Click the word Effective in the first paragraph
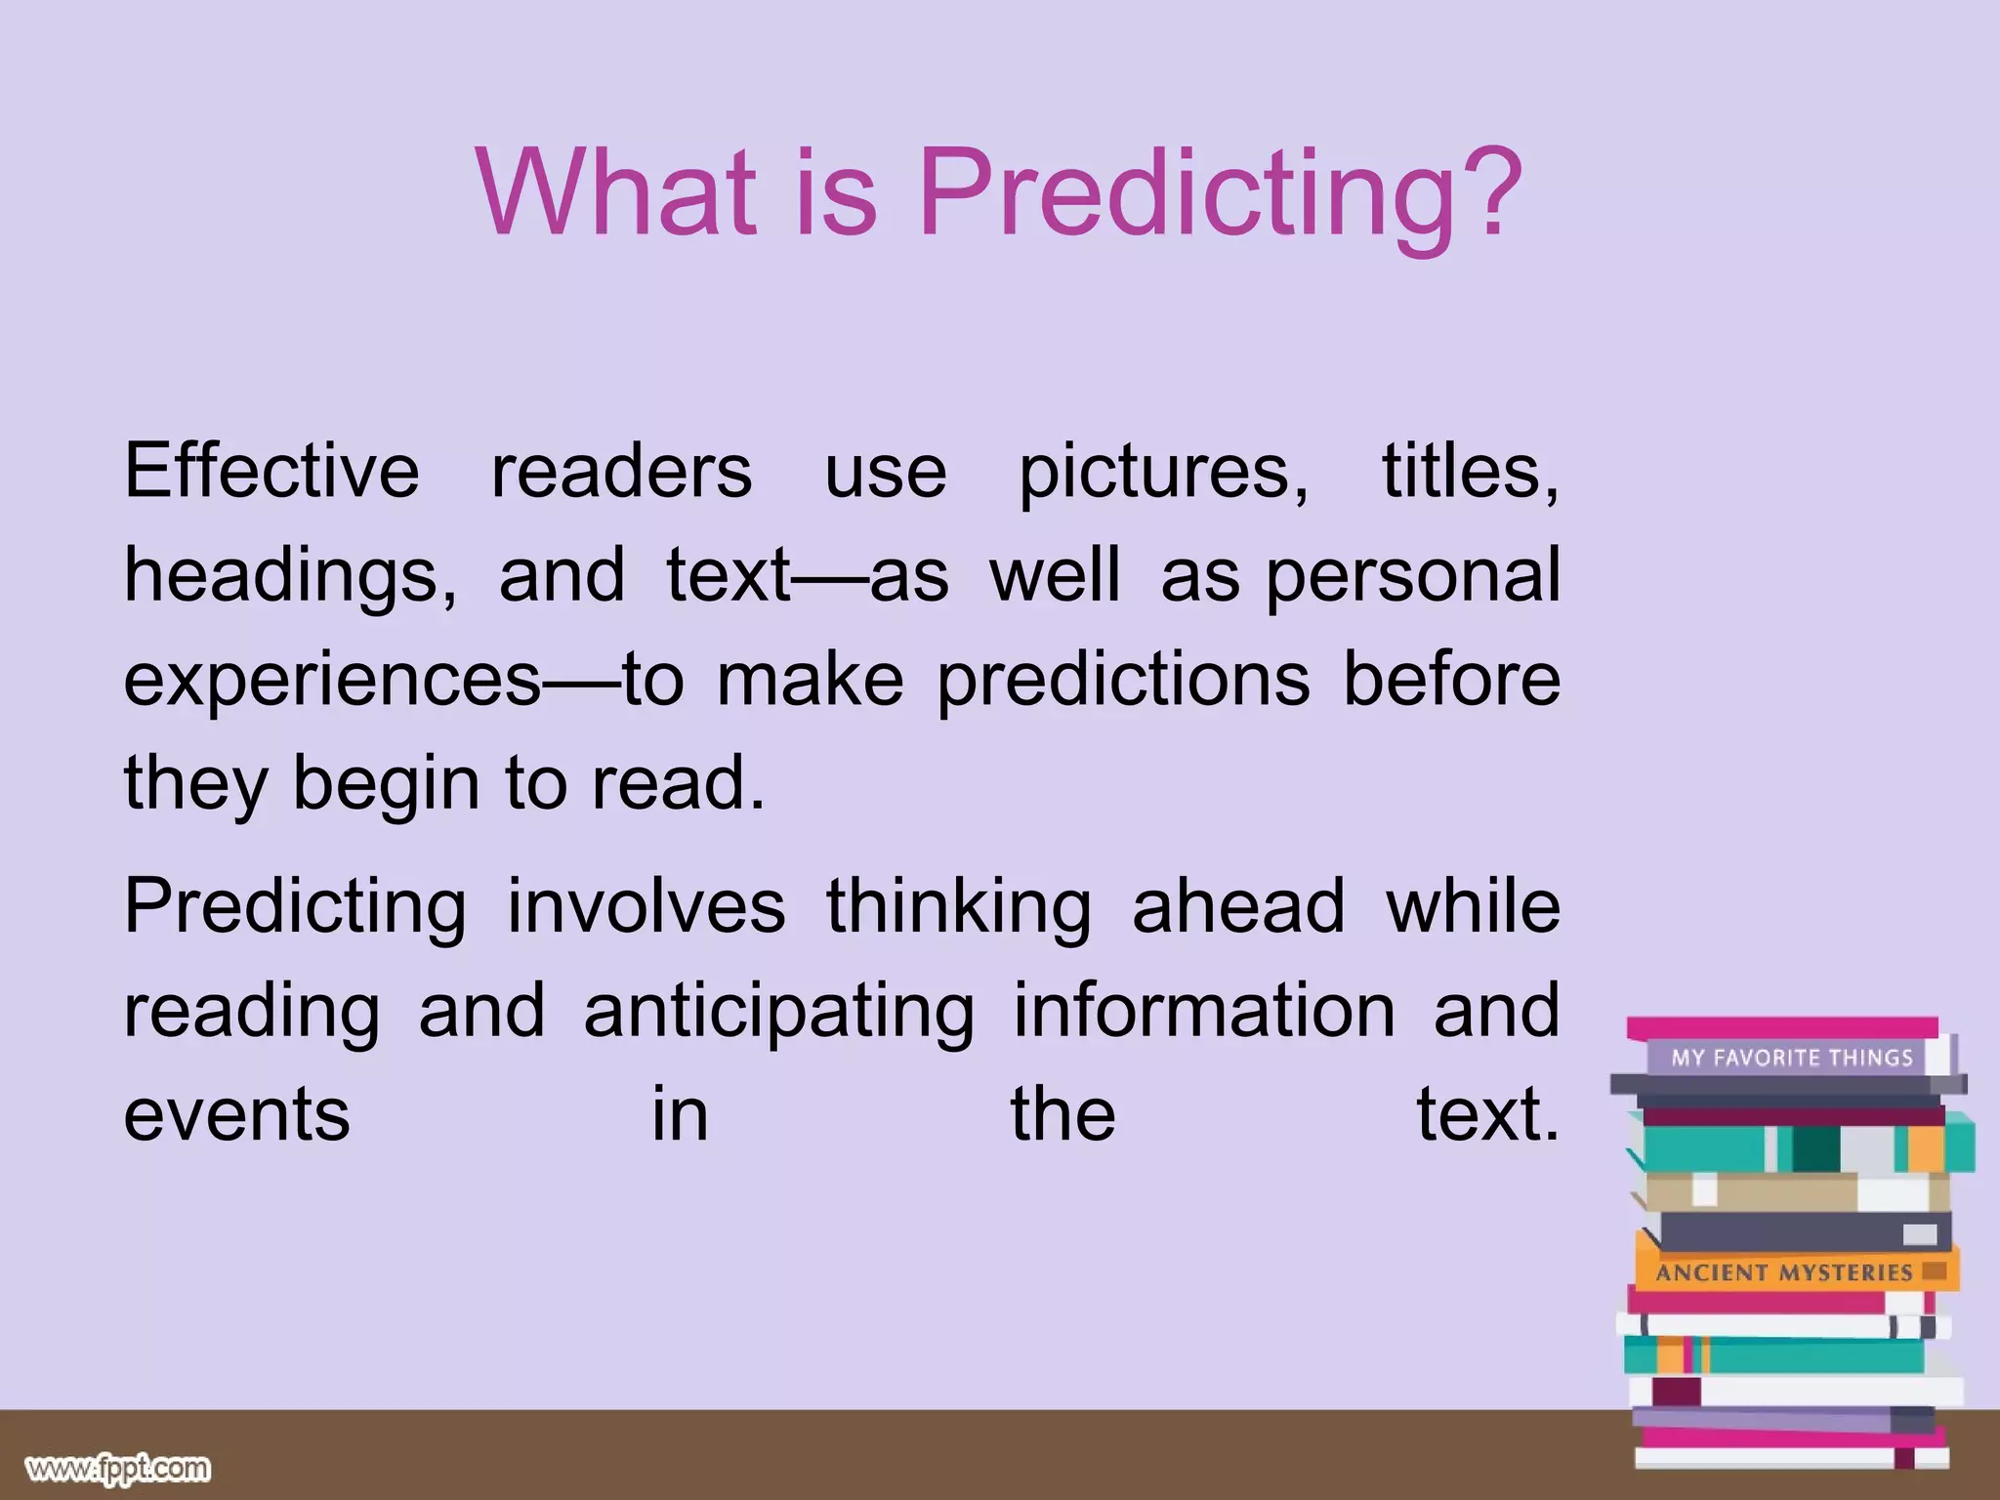point(271,472)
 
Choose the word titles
point(1469,472)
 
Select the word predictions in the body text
point(1123,682)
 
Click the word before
point(1451,680)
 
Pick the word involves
point(646,907)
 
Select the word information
point(1204,1012)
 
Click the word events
point(236,1115)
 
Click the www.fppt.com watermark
point(117,1468)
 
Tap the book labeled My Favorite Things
point(1790,1058)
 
